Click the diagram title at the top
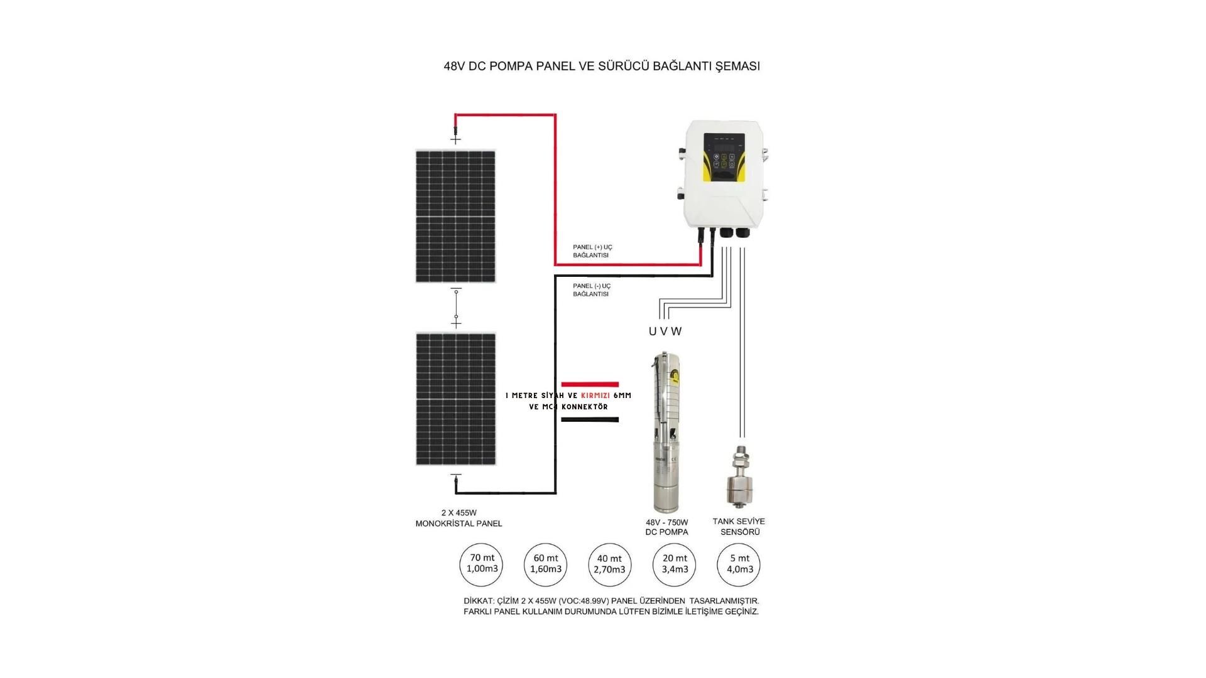coord(602,66)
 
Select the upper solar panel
coord(455,217)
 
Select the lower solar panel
coord(455,399)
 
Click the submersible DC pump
coord(666,433)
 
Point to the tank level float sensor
coord(739,477)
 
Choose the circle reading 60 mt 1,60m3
coord(545,564)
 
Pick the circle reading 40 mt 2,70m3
coord(609,564)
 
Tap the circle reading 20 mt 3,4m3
coord(675,564)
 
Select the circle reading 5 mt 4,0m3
coord(739,564)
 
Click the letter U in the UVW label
coord(653,331)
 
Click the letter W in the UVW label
coord(676,331)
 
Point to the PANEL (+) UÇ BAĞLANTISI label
coord(592,251)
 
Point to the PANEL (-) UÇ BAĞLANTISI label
coord(592,290)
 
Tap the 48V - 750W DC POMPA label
coord(666,527)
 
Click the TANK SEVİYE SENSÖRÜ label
coord(739,527)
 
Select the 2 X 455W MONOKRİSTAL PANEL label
coord(459,519)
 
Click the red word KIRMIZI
coord(595,396)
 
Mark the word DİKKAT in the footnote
coord(478,601)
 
